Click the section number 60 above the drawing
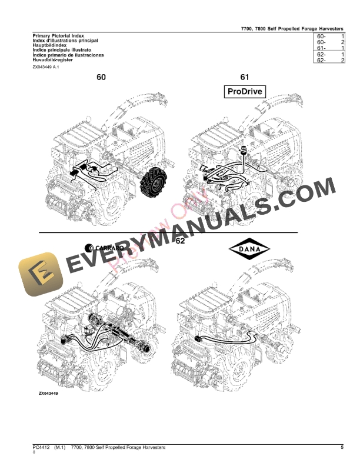tap(101, 77)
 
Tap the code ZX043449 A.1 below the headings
tap(46, 68)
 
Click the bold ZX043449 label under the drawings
tap(52, 393)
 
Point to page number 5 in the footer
tap(342, 448)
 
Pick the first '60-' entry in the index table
tap(321, 36)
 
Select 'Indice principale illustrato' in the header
tap(58, 50)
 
